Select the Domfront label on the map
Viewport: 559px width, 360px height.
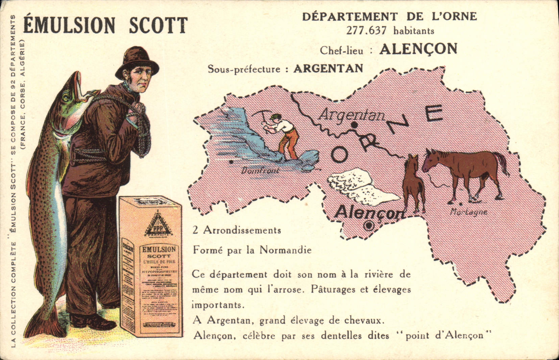click(260, 171)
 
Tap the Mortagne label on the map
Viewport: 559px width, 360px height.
click(469, 212)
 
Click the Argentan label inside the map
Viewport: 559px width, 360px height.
click(351, 115)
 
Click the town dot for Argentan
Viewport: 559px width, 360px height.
click(354, 125)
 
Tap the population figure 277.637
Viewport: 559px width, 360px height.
click(366, 31)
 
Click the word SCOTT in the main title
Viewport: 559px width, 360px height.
click(158, 25)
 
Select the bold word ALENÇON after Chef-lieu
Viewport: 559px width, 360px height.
click(418, 49)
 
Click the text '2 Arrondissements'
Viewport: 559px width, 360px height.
click(237, 230)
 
